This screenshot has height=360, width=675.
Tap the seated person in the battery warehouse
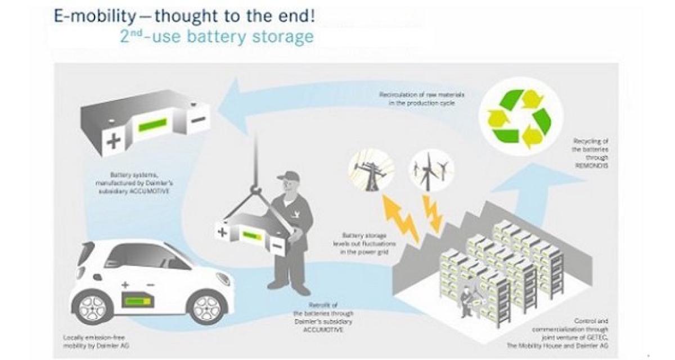(x=466, y=299)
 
